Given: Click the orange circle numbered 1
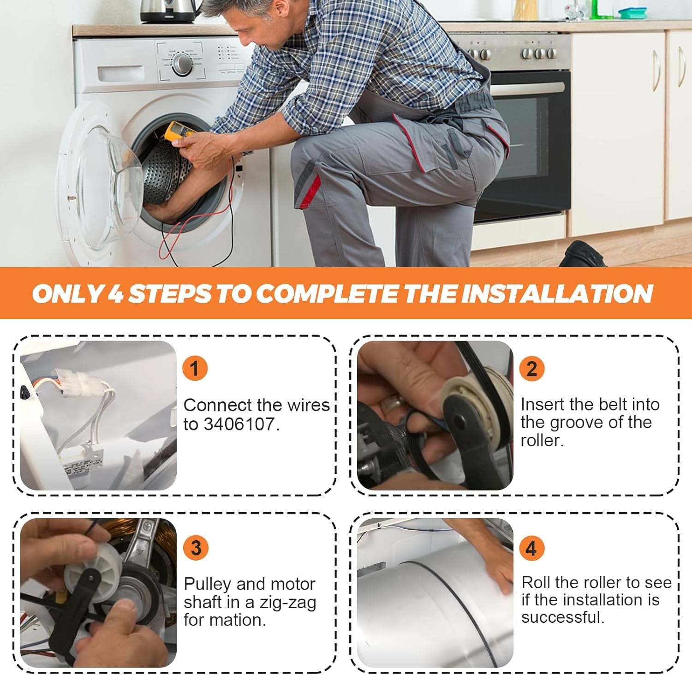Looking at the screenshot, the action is coord(195,368).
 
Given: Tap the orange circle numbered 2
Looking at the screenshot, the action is coord(531,368).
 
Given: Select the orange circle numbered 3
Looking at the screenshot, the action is coord(196,547).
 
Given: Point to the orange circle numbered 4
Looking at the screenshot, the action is coord(531,548).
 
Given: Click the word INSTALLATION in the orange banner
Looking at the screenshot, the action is coord(557,293).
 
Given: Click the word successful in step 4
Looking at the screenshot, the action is coord(563,617).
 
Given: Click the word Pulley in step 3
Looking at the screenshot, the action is coord(207,585).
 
